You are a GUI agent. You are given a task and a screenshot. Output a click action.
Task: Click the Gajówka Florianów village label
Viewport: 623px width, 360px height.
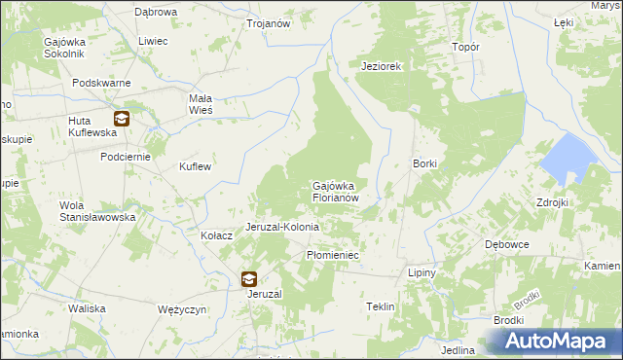click(337, 191)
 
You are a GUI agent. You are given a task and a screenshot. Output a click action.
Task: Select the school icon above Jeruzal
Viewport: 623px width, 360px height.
click(249, 280)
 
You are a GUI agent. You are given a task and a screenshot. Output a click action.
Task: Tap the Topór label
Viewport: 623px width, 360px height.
click(466, 47)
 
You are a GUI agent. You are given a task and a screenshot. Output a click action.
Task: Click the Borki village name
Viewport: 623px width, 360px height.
click(425, 163)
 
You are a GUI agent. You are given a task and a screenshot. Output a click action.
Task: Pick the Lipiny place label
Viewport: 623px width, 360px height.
click(421, 273)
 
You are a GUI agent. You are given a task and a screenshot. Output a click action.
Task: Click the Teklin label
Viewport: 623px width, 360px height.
click(380, 306)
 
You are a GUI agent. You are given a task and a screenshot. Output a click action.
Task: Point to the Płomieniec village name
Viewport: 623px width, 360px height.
click(334, 255)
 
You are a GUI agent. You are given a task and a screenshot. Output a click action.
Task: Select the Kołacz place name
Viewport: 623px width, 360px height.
click(216, 235)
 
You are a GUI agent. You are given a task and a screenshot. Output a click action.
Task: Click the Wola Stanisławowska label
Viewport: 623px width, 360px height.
click(97, 211)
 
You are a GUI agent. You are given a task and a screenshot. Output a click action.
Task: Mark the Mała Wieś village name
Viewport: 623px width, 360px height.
click(206, 104)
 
